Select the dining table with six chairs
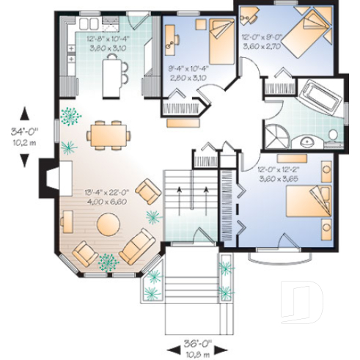[x=109, y=136]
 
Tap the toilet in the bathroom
[x=332, y=136]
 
